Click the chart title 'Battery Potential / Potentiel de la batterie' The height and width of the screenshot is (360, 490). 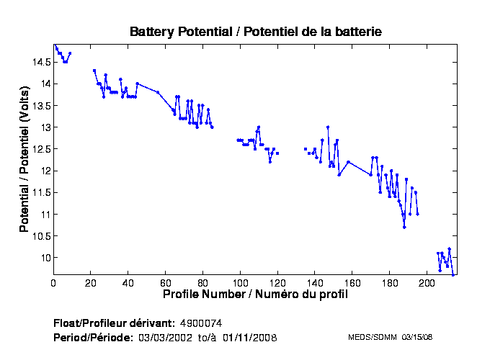click(255, 32)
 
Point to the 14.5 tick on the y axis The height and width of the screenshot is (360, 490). click(40, 62)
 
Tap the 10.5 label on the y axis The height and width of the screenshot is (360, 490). click(40, 236)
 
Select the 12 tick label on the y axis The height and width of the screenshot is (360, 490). click(45, 171)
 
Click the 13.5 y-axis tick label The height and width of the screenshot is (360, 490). click(40, 106)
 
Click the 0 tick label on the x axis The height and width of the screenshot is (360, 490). click(53, 284)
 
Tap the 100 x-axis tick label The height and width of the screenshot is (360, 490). click(241, 284)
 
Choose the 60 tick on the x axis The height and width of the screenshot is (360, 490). click(166, 284)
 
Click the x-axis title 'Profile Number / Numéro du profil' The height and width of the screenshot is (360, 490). click(255, 294)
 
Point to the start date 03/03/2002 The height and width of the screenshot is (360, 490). click(164, 337)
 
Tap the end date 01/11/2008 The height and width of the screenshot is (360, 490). click(249, 337)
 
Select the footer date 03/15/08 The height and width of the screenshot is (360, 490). click(416, 337)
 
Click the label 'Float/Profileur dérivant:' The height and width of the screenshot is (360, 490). click(114, 323)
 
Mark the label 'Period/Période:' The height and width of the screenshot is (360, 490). click(93, 337)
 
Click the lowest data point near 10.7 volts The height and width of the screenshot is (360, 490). click(404, 228)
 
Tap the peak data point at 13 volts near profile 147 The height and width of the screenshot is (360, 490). click(328, 127)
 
